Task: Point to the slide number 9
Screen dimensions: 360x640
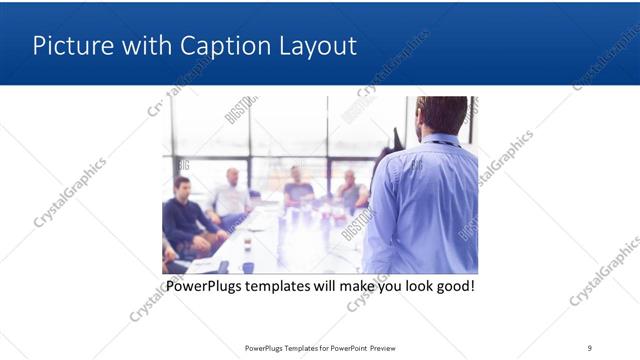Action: click(x=590, y=348)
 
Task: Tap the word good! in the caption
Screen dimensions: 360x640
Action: click(x=452, y=287)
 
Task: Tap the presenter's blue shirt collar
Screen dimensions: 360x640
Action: click(x=440, y=141)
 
